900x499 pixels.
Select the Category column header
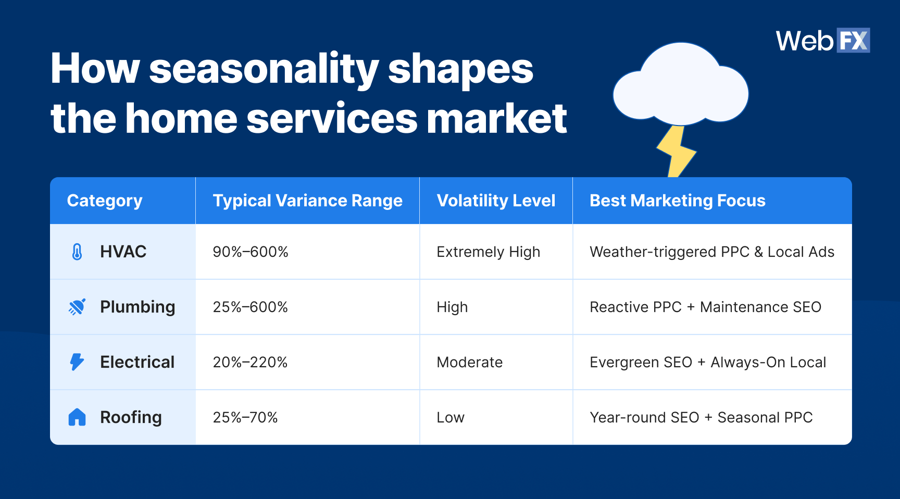(105, 201)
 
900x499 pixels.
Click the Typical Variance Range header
(307, 201)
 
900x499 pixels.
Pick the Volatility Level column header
(496, 201)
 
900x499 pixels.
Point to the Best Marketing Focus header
(677, 201)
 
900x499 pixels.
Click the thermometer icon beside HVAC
(77, 252)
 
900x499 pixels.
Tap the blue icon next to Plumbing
(77, 307)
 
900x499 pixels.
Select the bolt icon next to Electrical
(77, 362)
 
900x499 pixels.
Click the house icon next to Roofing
(77, 417)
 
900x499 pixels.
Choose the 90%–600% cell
(251, 252)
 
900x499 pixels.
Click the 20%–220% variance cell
(250, 363)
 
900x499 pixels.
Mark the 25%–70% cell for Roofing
(245, 418)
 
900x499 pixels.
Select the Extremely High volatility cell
(488, 252)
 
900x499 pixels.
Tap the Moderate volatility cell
(469, 363)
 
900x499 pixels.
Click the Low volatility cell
(450, 418)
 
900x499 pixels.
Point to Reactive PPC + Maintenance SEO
(705, 307)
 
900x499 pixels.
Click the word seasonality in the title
(264, 70)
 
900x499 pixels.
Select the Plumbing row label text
(137, 307)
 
